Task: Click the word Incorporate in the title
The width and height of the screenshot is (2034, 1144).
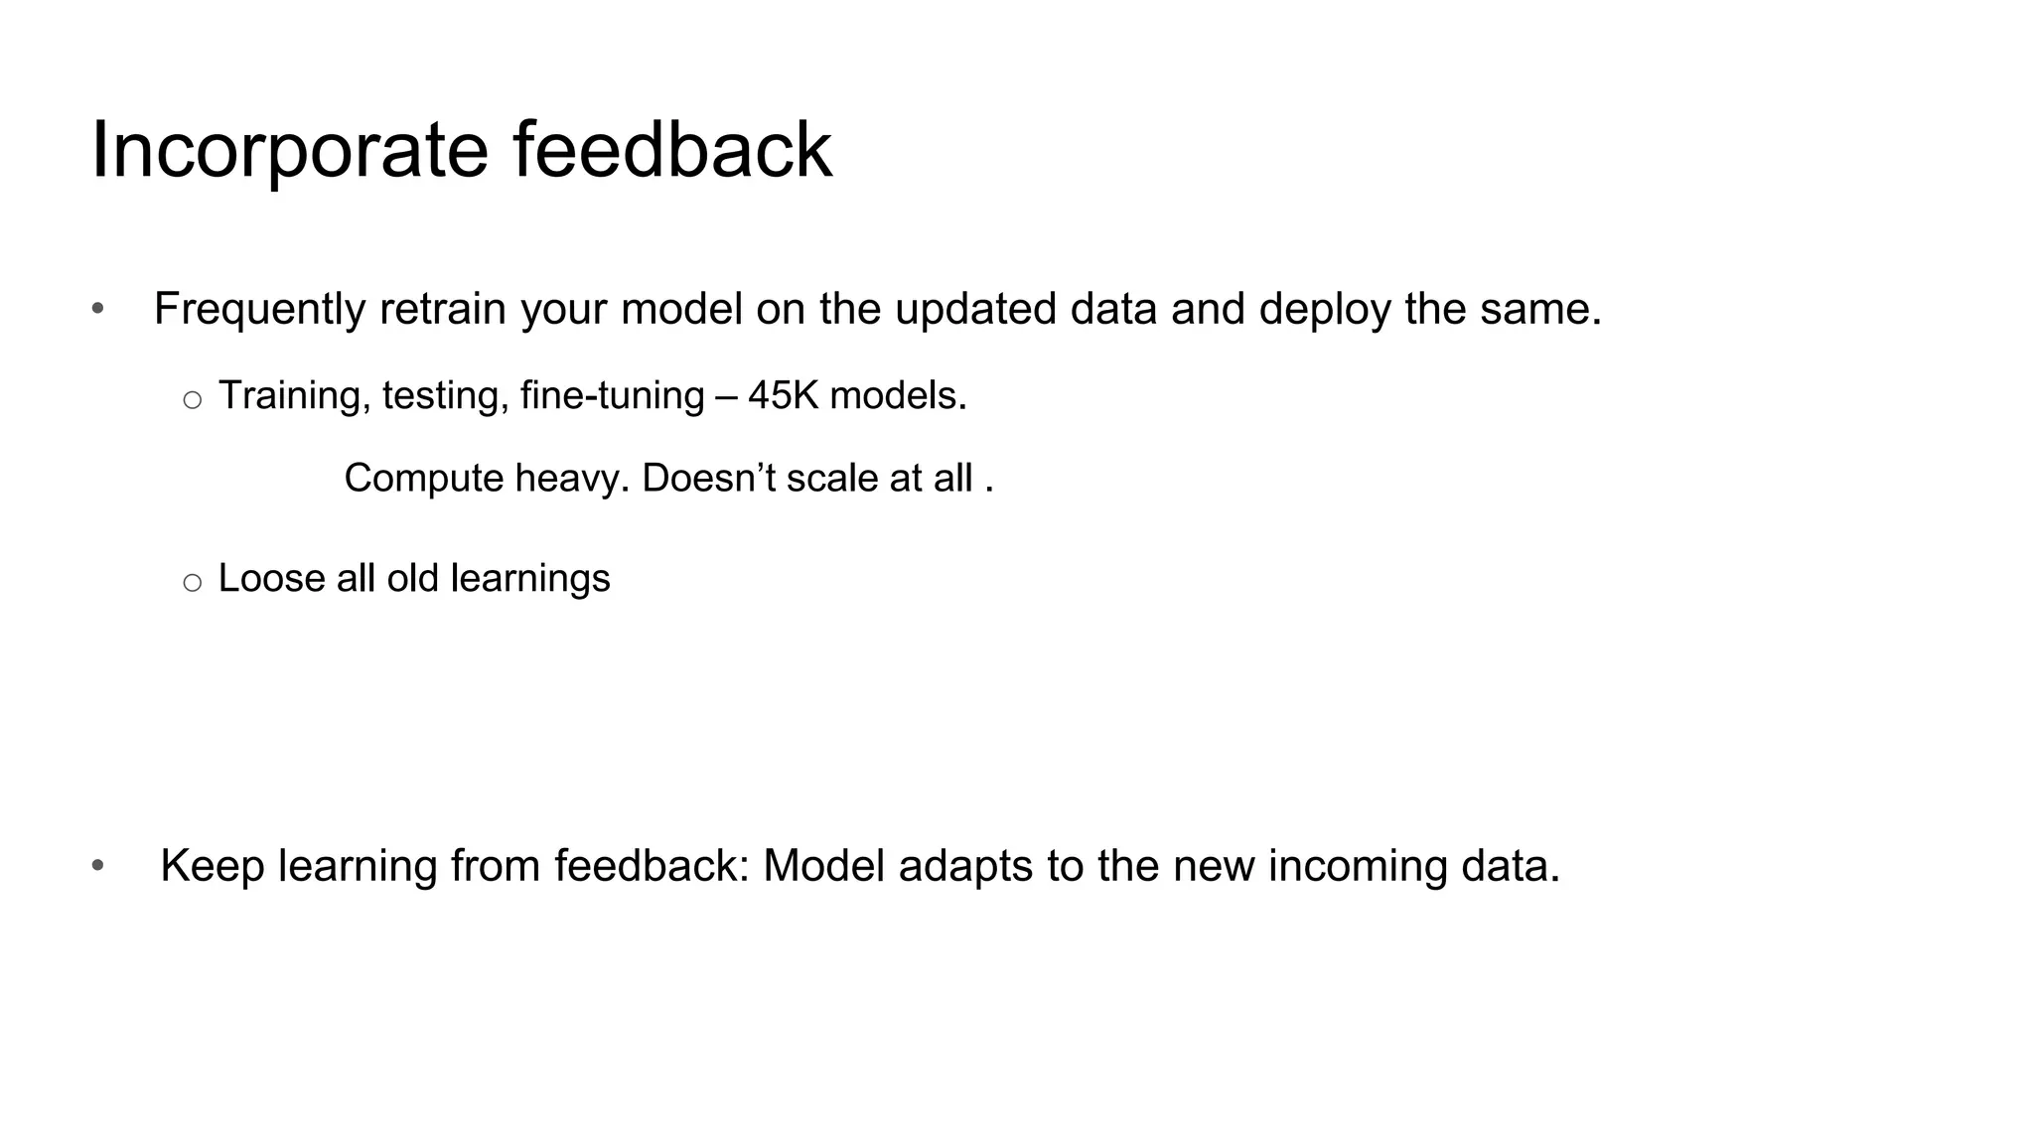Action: pos(289,151)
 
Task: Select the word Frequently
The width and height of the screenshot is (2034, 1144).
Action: pos(259,310)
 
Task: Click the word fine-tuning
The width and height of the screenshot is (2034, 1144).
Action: pos(612,396)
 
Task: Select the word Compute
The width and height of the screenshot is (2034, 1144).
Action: pos(424,479)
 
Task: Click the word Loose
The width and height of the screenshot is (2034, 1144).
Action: pos(271,578)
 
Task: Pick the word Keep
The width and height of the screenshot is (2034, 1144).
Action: pos(213,866)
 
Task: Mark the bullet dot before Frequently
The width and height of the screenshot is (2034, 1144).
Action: pos(97,309)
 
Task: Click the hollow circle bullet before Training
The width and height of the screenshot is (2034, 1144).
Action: pos(193,400)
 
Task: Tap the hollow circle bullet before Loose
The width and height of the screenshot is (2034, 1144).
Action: pos(193,583)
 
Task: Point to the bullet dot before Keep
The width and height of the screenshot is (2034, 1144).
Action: pos(97,866)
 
